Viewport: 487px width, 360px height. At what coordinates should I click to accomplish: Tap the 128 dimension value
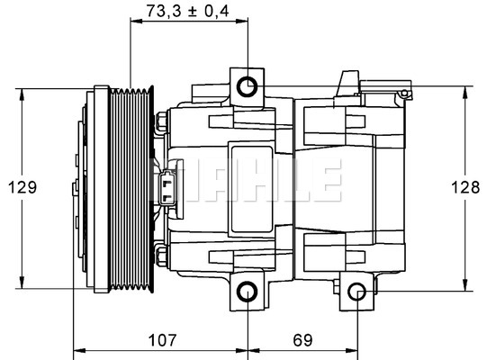(464, 187)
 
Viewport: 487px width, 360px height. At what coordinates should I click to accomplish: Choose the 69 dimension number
(302, 342)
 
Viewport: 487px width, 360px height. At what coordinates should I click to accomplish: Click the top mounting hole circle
(248, 86)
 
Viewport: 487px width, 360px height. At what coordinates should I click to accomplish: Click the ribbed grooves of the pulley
(132, 189)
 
